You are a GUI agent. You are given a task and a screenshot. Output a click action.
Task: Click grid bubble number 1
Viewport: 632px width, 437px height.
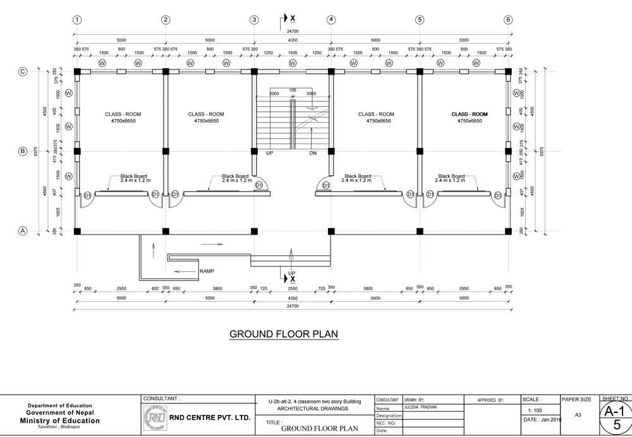[x=76, y=20]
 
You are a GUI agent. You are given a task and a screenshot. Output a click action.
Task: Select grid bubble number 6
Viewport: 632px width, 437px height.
[x=508, y=20]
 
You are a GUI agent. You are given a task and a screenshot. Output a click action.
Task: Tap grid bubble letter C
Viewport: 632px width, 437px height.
[x=23, y=71]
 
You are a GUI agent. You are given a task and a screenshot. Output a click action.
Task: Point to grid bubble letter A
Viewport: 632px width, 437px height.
[x=23, y=231]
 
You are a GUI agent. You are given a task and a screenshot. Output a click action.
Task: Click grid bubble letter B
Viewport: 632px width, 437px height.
[x=23, y=151]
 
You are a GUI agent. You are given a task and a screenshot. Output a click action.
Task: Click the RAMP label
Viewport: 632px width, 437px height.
[x=207, y=271]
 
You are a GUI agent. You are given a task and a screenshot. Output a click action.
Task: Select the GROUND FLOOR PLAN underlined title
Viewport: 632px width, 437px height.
[x=284, y=334]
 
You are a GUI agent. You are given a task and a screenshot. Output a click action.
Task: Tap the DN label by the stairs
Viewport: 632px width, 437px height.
[x=313, y=154]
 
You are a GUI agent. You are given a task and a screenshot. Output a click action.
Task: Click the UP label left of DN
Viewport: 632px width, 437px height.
[x=269, y=154]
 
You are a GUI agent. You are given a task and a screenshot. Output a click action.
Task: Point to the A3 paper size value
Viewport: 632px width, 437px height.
[x=578, y=415]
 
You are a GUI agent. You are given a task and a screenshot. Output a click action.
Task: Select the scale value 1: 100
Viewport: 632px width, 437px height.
[x=534, y=411]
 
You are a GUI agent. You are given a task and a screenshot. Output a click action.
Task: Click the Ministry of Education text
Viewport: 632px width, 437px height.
[x=60, y=421]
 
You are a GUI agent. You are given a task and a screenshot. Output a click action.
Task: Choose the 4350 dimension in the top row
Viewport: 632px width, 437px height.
[x=293, y=40]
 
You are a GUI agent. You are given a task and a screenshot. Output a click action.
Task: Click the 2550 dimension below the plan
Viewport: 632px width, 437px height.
[x=293, y=288]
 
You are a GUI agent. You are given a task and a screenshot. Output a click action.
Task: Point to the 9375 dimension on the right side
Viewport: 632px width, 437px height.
[x=542, y=151]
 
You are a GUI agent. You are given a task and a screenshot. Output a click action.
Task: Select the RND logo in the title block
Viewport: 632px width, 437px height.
[x=155, y=417]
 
